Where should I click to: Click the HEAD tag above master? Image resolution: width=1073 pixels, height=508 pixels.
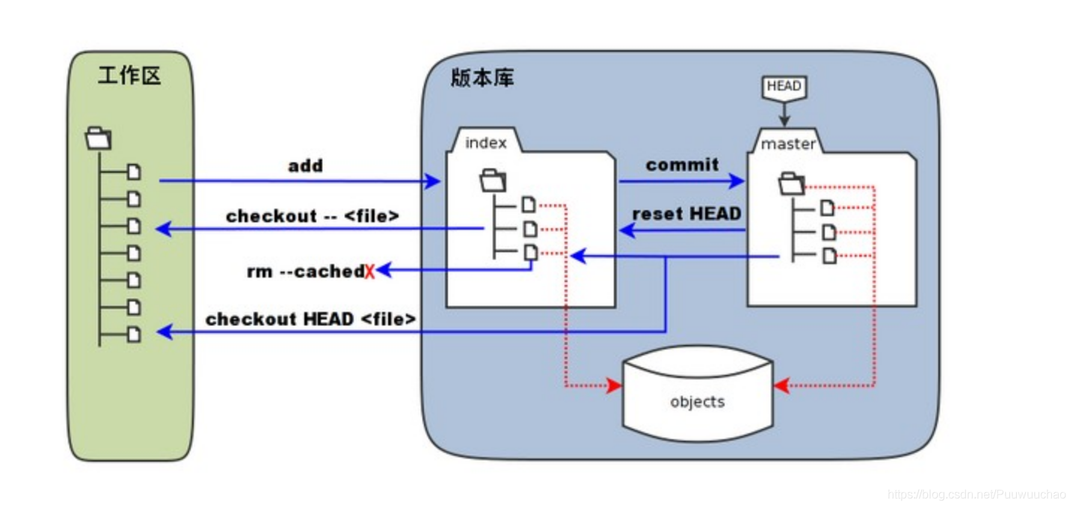click(784, 87)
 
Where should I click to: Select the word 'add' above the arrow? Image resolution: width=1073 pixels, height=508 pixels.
click(305, 165)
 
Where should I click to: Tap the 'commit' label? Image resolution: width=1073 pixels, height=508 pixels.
click(682, 165)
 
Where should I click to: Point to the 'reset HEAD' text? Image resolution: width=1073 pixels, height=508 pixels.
click(686, 214)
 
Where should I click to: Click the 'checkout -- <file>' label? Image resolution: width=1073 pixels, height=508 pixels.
click(313, 216)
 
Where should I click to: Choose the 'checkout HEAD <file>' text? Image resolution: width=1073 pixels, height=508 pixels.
click(310, 319)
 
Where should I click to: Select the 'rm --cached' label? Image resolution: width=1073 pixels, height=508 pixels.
click(305, 272)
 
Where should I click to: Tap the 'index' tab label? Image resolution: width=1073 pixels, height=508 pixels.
click(485, 143)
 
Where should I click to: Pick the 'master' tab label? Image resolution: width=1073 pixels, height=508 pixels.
click(788, 144)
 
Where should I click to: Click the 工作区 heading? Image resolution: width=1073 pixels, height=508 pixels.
click(129, 76)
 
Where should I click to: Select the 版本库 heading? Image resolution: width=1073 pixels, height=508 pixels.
click(482, 78)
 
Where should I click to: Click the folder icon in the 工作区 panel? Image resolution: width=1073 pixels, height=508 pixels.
click(99, 138)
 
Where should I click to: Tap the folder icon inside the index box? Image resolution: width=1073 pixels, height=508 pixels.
click(493, 180)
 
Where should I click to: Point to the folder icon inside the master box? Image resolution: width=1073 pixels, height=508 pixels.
click(792, 183)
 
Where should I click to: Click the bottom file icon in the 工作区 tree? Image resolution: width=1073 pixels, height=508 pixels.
click(134, 334)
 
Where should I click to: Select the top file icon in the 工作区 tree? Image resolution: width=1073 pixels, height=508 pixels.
click(134, 172)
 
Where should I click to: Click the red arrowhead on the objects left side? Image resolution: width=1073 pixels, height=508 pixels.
click(615, 386)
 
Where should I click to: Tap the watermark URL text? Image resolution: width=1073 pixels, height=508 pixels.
click(976, 495)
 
